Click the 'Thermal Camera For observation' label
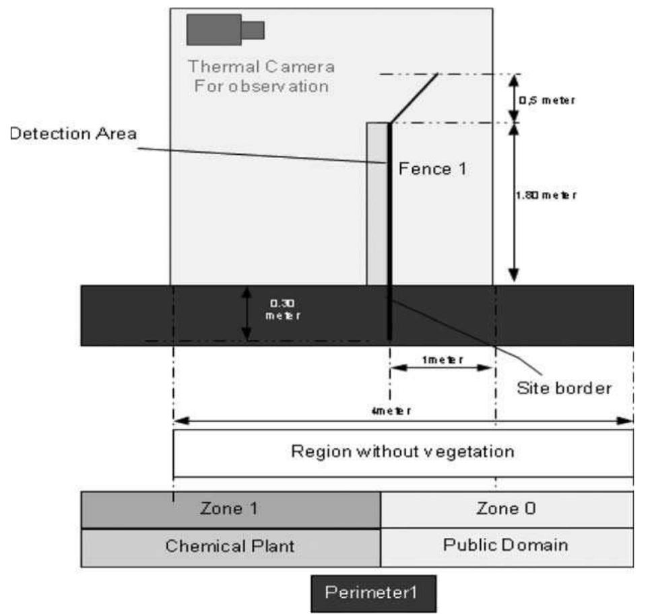(261, 77)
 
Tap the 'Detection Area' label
(73, 133)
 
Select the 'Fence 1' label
(432, 168)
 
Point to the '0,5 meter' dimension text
(546, 100)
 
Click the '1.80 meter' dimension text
(547, 195)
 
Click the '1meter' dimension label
(442, 360)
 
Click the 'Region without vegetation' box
(403, 452)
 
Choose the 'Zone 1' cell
(230, 509)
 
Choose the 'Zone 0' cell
(506, 509)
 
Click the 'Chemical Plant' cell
(230, 546)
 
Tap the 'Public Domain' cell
(506, 546)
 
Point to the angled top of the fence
(414, 98)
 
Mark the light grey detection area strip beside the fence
(376, 202)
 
